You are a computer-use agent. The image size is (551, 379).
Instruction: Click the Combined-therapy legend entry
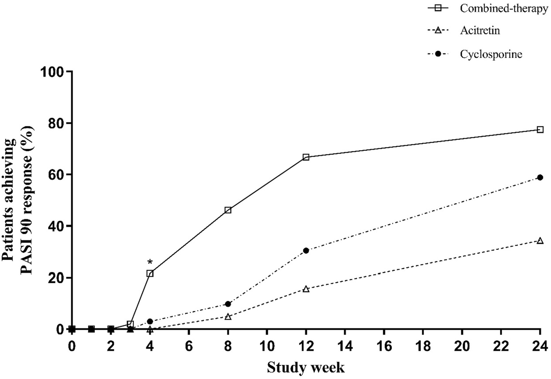504,9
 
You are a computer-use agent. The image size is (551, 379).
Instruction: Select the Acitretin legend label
480,30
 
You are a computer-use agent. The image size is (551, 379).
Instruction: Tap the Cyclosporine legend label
491,54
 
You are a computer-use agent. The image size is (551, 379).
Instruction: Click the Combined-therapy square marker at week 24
540,129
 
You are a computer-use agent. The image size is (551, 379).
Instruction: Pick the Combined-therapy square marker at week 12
306,157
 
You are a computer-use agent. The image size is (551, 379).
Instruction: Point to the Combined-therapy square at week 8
228,210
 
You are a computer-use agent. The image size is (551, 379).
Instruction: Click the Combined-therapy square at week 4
150,274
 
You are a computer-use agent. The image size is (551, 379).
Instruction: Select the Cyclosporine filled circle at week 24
540,177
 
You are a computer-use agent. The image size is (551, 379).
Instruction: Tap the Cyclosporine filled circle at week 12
306,251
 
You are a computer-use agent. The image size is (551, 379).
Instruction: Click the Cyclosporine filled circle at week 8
228,304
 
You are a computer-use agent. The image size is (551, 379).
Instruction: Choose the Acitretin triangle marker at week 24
540,241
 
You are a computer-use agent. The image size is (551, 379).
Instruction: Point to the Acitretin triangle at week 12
306,289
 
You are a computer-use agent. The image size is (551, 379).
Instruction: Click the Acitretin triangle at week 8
228,317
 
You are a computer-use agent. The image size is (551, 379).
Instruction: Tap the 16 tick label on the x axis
384,346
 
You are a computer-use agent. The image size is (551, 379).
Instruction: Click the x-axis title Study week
305,368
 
